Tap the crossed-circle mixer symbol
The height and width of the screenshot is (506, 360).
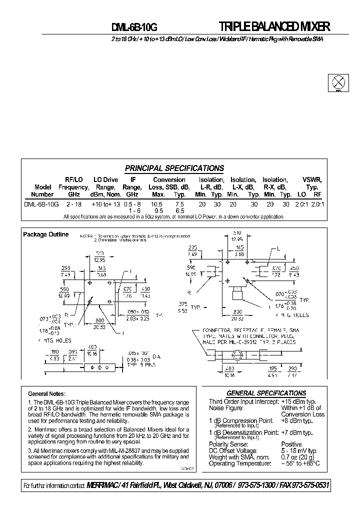(x=338, y=82)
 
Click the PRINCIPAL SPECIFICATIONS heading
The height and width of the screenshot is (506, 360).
(x=174, y=168)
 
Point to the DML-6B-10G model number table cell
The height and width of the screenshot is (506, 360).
(x=41, y=204)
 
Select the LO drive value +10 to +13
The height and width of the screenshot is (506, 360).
(x=105, y=204)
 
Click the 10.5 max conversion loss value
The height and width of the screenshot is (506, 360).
(x=156, y=204)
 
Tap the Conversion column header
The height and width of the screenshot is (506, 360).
(x=169, y=180)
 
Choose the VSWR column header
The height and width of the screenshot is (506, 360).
(x=312, y=180)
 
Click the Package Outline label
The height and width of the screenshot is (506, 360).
(x=46, y=234)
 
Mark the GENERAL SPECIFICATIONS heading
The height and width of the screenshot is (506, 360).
(x=266, y=393)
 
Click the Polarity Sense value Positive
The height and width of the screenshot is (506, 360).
(x=291, y=444)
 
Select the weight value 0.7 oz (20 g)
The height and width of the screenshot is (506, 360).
(x=298, y=457)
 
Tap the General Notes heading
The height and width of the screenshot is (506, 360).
(x=47, y=394)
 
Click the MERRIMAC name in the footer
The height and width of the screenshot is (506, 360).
(x=106, y=486)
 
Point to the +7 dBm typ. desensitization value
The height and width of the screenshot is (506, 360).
(x=297, y=432)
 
